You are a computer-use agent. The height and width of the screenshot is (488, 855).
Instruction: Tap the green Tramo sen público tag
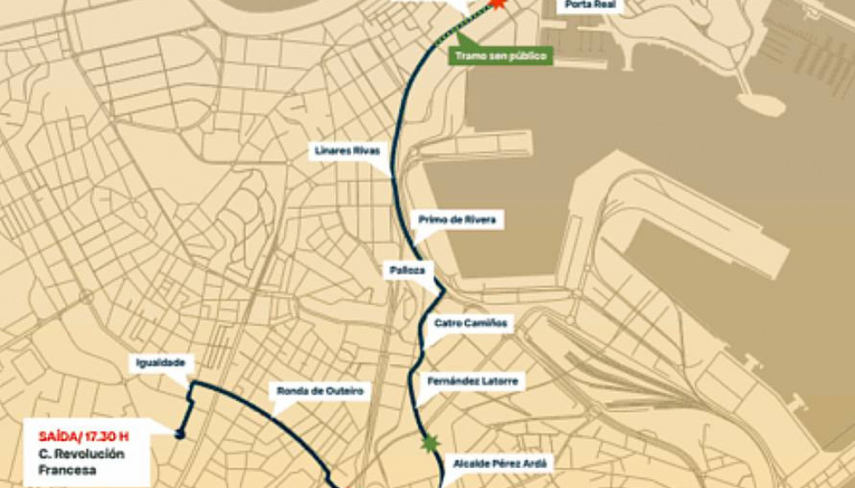(x=500, y=57)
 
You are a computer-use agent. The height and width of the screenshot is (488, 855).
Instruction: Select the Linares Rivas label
(x=347, y=151)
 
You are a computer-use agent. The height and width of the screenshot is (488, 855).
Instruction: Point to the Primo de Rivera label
(x=457, y=220)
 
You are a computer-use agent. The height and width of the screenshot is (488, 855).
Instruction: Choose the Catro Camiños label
(x=471, y=323)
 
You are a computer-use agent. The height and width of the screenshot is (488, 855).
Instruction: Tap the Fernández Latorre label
(x=472, y=381)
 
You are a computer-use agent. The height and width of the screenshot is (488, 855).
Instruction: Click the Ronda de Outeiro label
(x=320, y=391)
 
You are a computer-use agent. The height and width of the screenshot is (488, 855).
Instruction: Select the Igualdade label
(x=159, y=363)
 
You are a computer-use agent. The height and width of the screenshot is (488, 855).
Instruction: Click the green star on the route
(x=429, y=444)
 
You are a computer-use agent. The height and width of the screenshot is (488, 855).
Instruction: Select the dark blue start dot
(x=180, y=433)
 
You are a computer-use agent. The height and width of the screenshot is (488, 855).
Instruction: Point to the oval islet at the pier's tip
(x=761, y=104)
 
